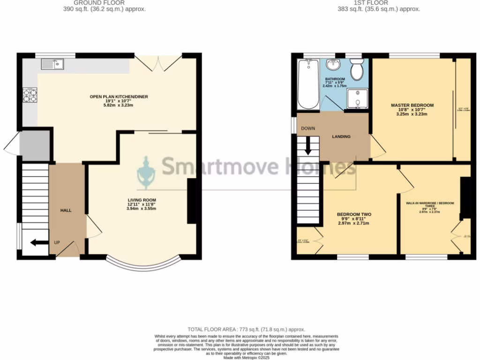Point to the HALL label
pyautogui.click(x=66, y=210)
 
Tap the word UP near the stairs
pyautogui.click(x=57, y=242)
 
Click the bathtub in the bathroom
pyautogui.click(x=308, y=84)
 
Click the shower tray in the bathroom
pyautogui.click(x=357, y=99)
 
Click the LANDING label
pyautogui.click(x=341, y=137)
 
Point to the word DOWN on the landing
pyautogui.click(x=308, y=128)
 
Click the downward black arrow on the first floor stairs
pyautogui.click(x=308, y=145)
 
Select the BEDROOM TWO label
pyautogui.click(x=354, y=219)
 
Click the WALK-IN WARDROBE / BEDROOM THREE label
pyautogui.click(x=430, y=207)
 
